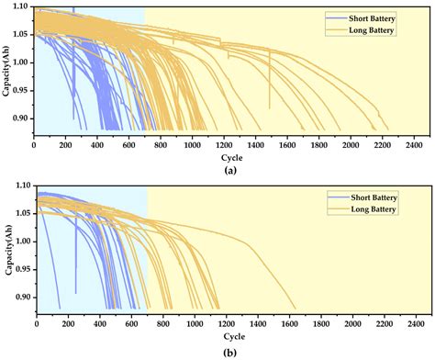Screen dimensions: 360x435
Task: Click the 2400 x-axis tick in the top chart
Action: (413, 144)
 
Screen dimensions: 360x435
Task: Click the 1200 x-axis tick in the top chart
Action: (223, 144)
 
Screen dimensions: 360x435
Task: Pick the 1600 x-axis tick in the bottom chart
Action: (288, 324)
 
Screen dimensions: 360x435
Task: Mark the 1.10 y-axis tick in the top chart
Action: (20, 8)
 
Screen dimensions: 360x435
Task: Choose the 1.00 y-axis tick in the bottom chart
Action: (22, 242)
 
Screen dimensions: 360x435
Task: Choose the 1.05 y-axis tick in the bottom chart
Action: (22, 214)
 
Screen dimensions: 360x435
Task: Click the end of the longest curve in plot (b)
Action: (296, 309)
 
